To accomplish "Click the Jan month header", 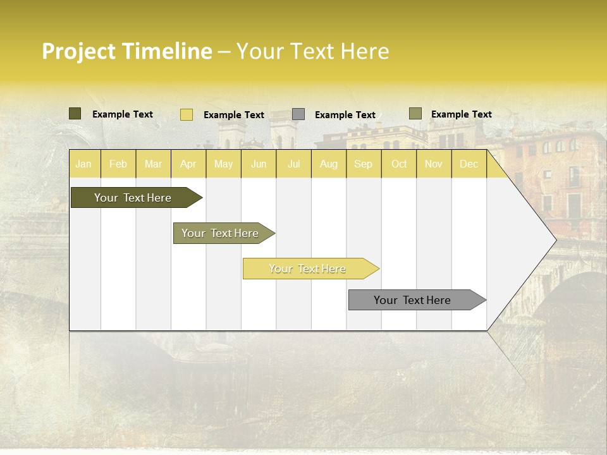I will tap(83, 164).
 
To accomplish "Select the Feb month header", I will tap(118, 164).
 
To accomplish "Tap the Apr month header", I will tap(188, 164).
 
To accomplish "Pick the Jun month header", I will tap(259, 164).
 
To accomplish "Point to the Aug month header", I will tap(328, 164).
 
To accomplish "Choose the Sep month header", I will tap(363, 164).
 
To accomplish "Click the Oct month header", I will tap(399, 164).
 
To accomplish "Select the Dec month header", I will tap(469, 164).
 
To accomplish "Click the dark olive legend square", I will tap(75, 114).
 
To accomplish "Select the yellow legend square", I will tap(187, 114).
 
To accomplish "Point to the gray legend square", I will tap(298, 114).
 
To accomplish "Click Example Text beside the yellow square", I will tap(234, 115).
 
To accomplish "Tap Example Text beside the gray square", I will tap(345, 115).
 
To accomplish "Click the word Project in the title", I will tap(79, 52).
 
